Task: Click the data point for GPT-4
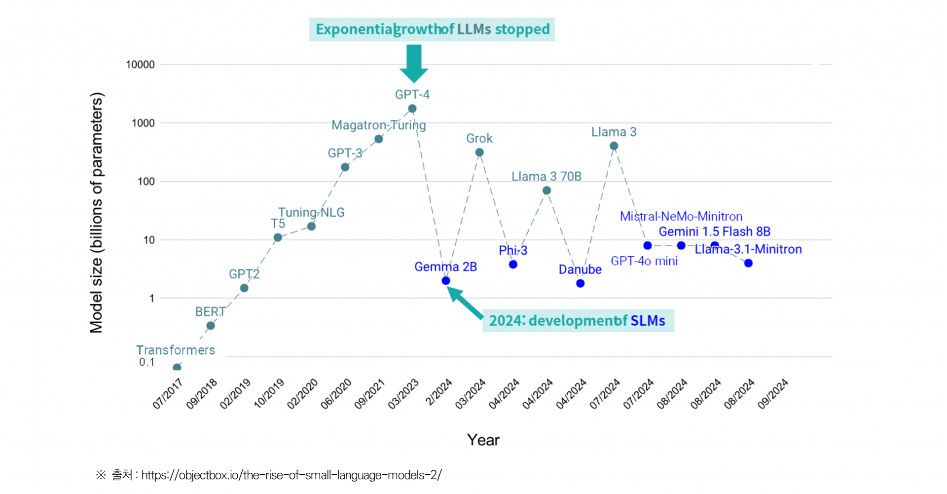point(412,109)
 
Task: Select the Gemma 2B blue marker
point(446,280)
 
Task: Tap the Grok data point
point(479,152)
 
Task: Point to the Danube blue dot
point(581,283)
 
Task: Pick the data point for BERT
point(211,326)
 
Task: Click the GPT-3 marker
point(345,167)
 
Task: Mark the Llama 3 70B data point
point(546,190)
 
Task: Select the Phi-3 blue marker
point(513,265)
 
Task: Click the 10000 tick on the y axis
point(140,65)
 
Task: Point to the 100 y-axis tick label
point(146,182)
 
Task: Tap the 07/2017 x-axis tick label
point(168,394)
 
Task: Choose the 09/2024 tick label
point(773,394)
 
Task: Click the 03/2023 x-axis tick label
point(403,394)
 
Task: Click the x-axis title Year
point(483,440)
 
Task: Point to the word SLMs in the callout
point(648,321)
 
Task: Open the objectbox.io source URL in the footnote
point(291,475)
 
